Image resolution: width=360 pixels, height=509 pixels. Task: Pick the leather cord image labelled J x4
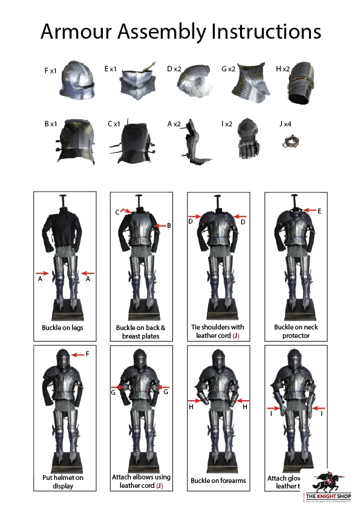[290, 143]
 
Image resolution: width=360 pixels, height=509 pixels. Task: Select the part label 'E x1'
[110, 70]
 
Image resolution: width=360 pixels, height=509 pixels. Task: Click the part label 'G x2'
[228, 70]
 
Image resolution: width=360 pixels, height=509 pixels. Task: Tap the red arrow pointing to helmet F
[78, 354]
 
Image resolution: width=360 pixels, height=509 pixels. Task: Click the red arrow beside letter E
[309, 211]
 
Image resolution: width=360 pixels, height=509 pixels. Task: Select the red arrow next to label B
[160, 225]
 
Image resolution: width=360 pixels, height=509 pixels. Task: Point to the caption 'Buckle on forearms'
[218, 481]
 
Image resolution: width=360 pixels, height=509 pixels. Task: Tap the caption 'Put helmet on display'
[63, 481]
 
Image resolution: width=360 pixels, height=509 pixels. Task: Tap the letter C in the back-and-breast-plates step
[117, 212]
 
